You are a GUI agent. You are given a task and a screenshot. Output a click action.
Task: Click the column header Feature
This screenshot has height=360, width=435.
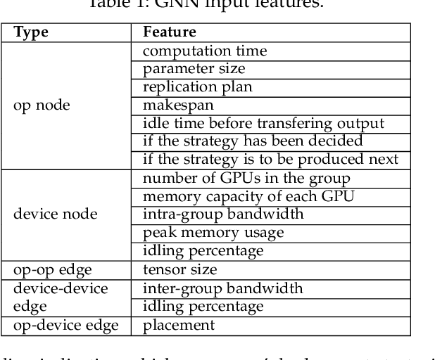coord(169,33)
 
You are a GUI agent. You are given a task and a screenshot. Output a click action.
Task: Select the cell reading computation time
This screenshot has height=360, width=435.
coord(204,51)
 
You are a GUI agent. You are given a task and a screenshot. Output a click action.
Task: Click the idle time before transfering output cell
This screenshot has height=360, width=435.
coord(263,123)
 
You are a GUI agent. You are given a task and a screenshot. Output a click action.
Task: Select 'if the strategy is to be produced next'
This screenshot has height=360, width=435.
coord(271,159)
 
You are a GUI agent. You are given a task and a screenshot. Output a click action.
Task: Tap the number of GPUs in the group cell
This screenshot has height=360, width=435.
coord(246,177)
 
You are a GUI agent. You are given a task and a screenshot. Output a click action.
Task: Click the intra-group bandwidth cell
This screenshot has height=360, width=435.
coord(222,213)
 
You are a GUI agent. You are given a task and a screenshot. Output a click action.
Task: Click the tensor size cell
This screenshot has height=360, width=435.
coord(179,269)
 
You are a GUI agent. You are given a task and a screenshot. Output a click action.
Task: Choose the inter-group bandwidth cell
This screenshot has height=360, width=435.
coord(222,288)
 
